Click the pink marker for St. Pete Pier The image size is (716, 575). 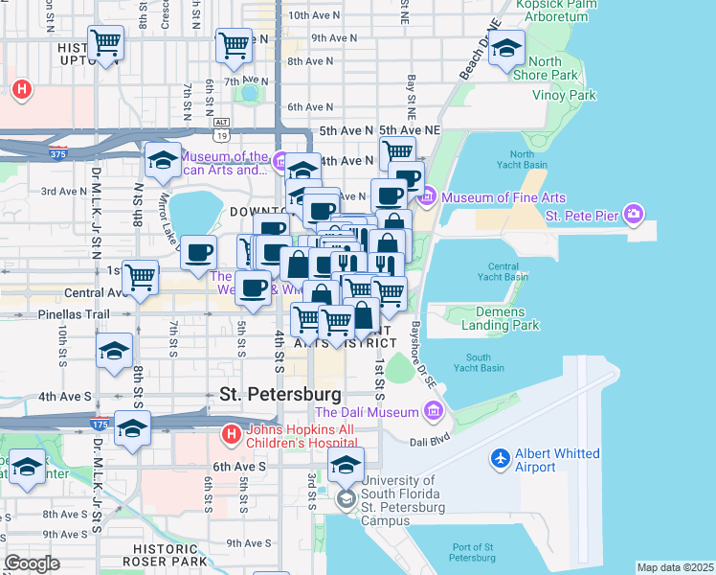(x=633, y=213)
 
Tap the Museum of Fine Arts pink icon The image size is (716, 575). (x=427, y=197)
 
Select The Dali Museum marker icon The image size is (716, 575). (x=434, y=412)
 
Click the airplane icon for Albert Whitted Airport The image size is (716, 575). (x=498, y=460)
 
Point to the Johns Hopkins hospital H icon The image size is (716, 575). (x=231, y=436)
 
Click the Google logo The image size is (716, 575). (x=33, y=563)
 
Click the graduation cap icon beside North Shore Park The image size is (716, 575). (x=506, y=50)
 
